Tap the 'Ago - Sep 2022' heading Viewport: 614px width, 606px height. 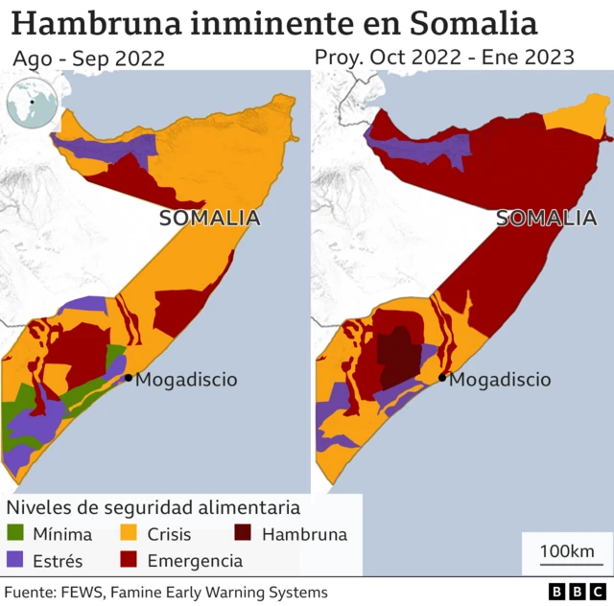tap(89, 58)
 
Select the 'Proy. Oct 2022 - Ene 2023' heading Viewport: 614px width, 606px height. tap(444, 58)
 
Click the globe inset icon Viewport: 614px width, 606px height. tap(31, 104)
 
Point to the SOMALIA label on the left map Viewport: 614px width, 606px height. tap(209, 218)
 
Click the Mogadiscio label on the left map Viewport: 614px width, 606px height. tap(186, 380)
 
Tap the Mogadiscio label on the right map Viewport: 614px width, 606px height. tap(500, 380)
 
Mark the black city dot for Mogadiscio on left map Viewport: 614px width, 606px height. tap(128, 378)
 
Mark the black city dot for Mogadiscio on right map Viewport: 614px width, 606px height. tap(442, 378)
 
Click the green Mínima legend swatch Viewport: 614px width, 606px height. tap(17, 535)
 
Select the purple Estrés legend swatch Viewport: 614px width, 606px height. tap(17, 560)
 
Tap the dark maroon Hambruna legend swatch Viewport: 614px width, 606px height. tap(245, 535)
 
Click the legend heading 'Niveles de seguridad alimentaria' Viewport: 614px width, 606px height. tap(153, 507)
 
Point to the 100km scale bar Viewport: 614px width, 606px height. tap(565, 555)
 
